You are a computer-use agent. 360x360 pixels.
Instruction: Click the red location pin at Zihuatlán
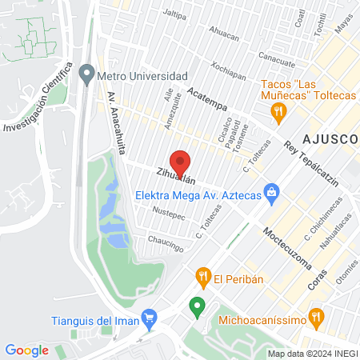pos(181,162)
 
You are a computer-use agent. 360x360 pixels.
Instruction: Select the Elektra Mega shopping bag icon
pos(272,192)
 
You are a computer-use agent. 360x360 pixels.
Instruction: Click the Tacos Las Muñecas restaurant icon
pos(278,114)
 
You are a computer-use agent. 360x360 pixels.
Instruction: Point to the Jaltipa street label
pos(174,14)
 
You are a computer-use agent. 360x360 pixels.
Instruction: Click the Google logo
pos(26,350)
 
